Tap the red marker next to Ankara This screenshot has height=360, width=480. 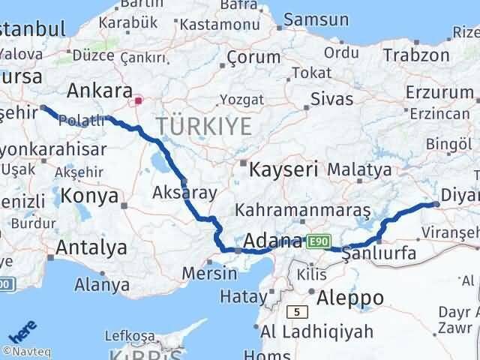pos(139,100)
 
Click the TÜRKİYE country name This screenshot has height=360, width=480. pos(203,126)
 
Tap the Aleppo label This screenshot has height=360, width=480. pos(350,297)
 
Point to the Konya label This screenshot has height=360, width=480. pos(90,196)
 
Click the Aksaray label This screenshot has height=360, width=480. pos(184,192)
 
